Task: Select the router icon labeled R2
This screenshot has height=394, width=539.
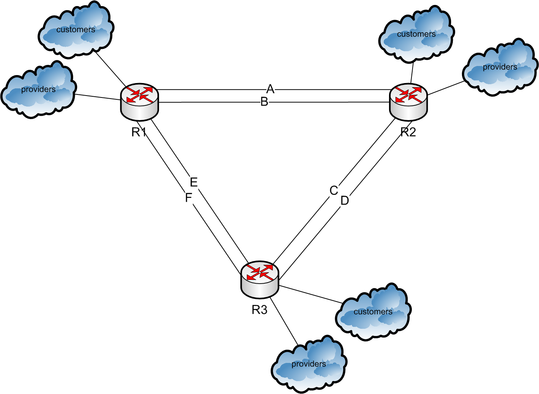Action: click(x=408, y=100)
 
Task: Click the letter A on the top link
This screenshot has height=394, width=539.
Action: click(x=270, y=89)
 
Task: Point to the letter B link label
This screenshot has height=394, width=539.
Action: click(x=264, y=102)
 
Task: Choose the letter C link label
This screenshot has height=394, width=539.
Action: click(x=334, y=190)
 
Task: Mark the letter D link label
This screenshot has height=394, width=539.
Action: click(x=344, y=201)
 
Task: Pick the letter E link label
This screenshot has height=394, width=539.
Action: click(x=194, y=182)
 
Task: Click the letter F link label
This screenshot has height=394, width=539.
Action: click(x=188, y=198)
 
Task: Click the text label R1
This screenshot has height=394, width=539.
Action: click(x=139, y=132)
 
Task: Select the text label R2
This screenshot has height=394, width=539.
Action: click(x=408, y=132)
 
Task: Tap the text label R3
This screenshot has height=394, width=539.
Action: click(x=260, y=310)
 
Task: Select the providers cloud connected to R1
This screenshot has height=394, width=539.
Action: click(x=38, y=90)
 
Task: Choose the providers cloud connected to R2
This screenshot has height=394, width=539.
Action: click(x=500, y=67)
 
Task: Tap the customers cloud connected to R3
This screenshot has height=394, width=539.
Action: click(x=373, y=312)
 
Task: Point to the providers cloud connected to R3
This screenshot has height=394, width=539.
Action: click(x=309, y=364)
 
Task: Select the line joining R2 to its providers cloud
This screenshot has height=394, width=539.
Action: click(x=445, y=88)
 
